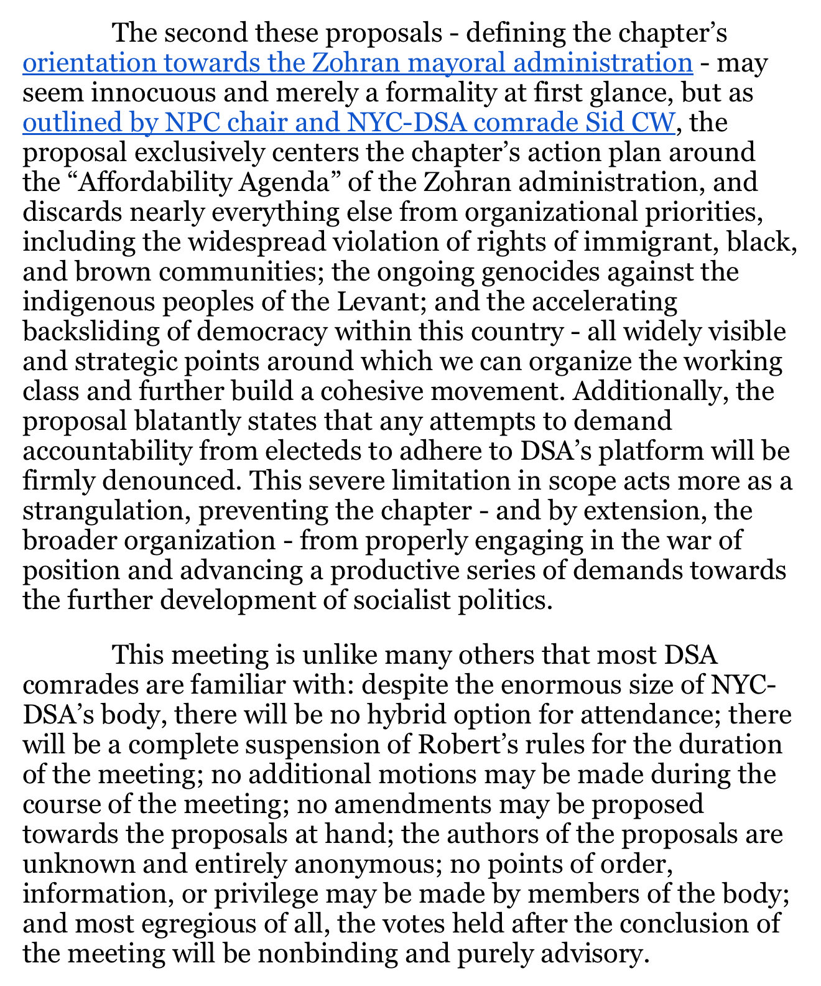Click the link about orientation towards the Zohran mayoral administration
pyautogui.click(x=358, y=63)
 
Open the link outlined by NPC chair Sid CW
pyautogui.click(x=348, y=123)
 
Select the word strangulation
pyautogui.click(x=105, y=511)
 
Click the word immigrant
pyautogui.click(x=654, y=242)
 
